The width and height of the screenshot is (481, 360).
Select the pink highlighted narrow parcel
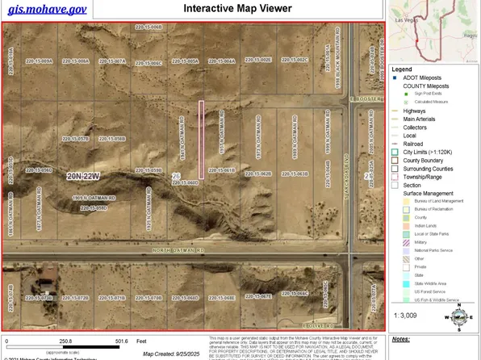(201, 140)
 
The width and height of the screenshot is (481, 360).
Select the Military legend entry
(419, 241)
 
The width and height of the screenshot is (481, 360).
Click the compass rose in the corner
(460, 320)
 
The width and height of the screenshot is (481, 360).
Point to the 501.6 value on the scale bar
(123, 341)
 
